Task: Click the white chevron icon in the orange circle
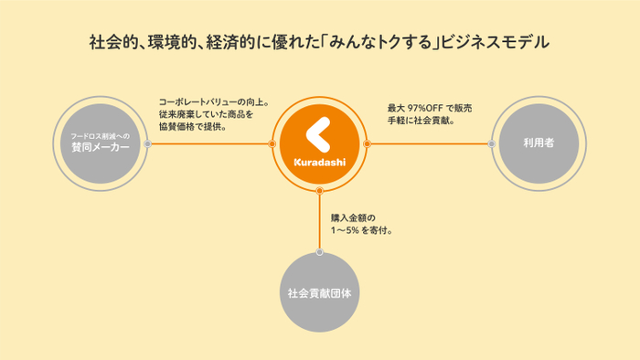point(317,136)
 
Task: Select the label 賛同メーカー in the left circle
point(101,149)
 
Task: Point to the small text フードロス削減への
point(101,135)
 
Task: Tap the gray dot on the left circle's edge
point(148,143)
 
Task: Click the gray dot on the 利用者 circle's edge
point(492,143)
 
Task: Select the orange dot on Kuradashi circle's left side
point(272,143)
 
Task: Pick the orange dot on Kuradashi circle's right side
point(367,143)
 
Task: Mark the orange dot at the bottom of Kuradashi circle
point(319,191)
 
